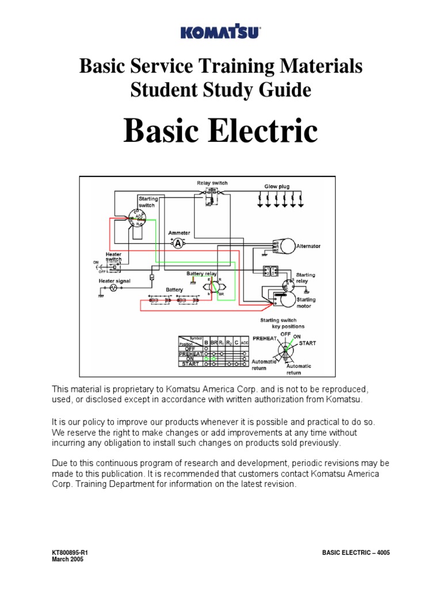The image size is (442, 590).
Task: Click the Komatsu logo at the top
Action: click(221, 33)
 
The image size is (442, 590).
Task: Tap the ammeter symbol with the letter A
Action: click(178, 243)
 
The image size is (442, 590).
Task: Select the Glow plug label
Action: click(277, 187)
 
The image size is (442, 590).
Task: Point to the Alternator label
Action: click(308, 246)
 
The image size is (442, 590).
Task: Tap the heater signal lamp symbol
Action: click(113, 287)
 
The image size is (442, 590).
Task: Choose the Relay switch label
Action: click(212, 183)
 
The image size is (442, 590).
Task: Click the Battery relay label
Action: click(200, 273)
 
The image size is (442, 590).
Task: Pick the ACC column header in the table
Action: click(245, 343)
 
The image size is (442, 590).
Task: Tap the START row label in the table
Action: click(191, 364)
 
